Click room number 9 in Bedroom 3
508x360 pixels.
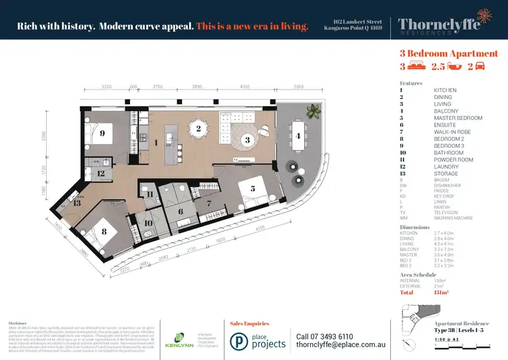click(102, 134)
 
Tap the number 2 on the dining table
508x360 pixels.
click(198, 128)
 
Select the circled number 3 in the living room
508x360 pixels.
click(248, 140)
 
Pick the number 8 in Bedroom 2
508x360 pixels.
click(104, 231)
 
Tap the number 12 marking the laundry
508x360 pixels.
click(100, 174)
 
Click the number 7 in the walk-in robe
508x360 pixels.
click(210, 203)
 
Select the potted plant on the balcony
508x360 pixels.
click(312, 110)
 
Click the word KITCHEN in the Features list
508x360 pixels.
click(445, 90)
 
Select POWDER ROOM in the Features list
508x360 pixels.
click(449, 160)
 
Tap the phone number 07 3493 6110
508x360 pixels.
click(325, 336)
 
